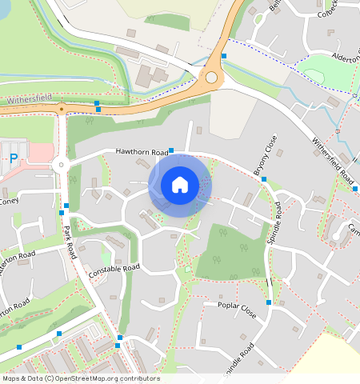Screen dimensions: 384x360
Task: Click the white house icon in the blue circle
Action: (x=180, y=185)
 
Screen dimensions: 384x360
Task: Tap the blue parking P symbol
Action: (x=14, y=160)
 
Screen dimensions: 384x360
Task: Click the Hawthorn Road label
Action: (x=142, y=150)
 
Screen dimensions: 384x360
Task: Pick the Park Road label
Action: (x=70, y=241)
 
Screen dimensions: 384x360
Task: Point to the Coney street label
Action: (x=9, y=201)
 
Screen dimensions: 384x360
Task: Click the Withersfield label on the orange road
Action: (x=30, y=101)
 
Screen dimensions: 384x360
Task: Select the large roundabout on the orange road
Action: (x=211, y=78)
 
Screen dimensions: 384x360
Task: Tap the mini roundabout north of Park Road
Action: (x=60, y=166)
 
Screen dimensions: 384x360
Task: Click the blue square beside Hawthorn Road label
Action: (x=171, y=150)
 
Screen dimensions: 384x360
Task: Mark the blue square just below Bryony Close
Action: (x=265, y=179)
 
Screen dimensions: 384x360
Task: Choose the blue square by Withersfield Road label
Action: (x=354, y=189)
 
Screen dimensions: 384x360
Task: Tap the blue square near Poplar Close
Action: (x=270, y=302)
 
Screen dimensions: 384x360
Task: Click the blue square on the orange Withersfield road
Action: (x=97, y=103)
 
